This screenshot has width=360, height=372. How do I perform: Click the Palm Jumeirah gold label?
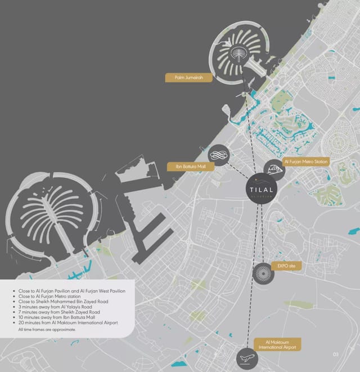(188, 78)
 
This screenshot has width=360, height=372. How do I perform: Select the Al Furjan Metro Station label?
(306, 162)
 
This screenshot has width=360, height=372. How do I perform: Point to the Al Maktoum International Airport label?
(276, 344)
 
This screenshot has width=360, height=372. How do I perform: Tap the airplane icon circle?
(246, 357)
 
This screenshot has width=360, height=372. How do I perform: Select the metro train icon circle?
(274, 169)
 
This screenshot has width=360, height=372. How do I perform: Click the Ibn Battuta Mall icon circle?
(218, 156)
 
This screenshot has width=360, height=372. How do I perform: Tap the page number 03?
(335, 355)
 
